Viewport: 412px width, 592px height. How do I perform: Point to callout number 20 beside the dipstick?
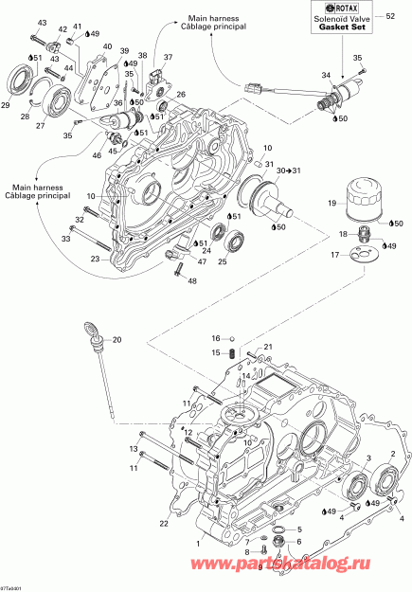(x=116, y=339)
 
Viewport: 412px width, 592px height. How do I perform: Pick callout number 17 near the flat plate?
(x=333, y=255)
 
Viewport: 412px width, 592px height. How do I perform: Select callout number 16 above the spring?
(x=216, y=338)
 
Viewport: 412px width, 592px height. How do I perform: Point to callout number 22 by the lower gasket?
(x=163, y=524)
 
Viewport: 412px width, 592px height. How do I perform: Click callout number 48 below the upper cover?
(x=192, y=280)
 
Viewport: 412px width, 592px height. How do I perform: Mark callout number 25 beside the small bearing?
(x=222, y=260)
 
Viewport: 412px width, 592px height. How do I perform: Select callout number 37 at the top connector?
(x=168, y=58)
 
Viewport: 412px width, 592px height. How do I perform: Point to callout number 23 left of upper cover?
(x=95, y=257)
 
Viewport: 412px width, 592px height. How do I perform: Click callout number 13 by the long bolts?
(x=134, y=448)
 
